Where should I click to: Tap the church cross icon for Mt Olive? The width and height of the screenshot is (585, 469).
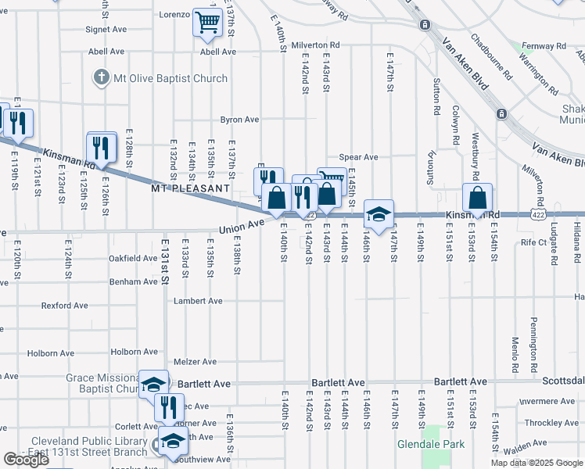100,78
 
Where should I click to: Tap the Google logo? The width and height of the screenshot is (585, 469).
26,460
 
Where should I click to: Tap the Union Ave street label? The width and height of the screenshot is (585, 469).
242,226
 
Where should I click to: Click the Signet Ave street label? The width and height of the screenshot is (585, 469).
106,30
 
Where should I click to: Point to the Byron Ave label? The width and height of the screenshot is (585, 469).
239,120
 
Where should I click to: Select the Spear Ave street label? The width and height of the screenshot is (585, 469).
358,157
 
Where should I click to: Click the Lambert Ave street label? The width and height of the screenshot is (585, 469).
199,300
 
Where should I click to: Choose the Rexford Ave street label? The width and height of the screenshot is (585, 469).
65,306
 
